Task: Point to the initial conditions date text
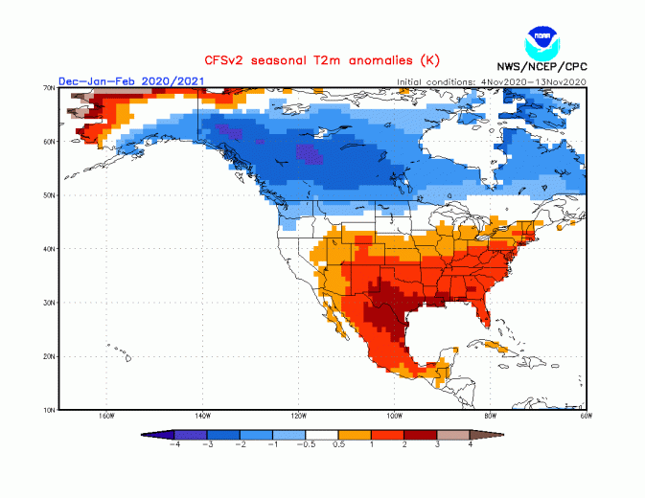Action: [x=492, y=82]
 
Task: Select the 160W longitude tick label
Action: [x=106, y=417]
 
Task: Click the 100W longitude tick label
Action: [x=394, y=417]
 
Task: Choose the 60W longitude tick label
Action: [x=586, y=417]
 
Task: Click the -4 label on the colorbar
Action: [x=174, y=445]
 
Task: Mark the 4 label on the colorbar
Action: [x=471, y=445]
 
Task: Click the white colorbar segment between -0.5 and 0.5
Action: [x=322, y=434]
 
